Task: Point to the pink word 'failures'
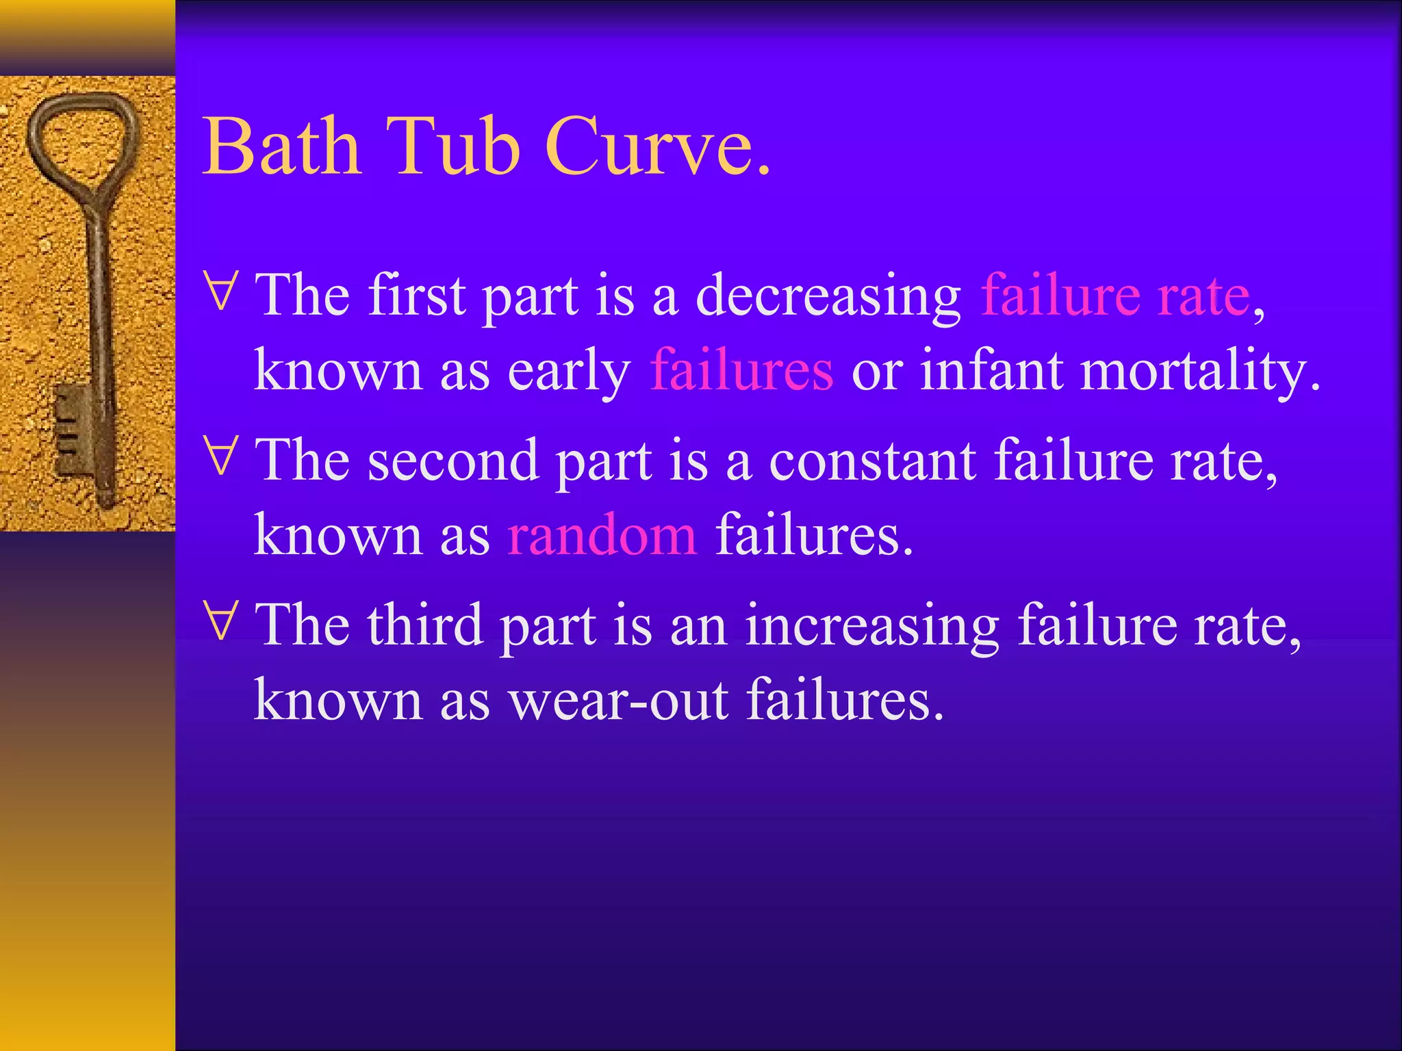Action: coord(741,370)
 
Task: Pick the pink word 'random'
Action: coord(602,534)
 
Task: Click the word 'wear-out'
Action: coord(617,699)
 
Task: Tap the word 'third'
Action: coord(424,625)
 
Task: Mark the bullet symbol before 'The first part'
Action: coord(221,291)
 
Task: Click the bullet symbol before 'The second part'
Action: coord(221,455)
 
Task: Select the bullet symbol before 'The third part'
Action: coord(221,620)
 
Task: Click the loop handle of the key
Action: coord(82,140)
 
